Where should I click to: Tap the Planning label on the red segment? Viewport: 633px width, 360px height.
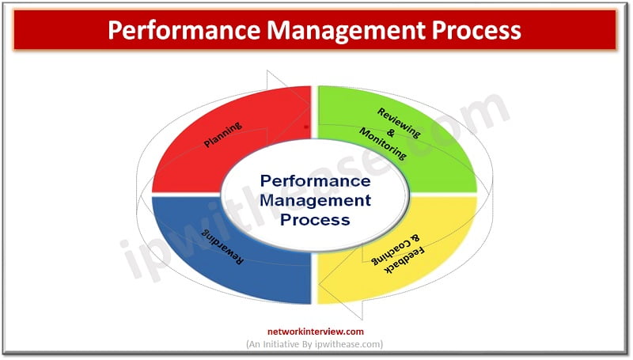tap(223, 134)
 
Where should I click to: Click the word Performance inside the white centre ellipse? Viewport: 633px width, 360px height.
tap(316, 181)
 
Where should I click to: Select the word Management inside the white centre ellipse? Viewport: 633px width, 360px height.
tap(316, 200)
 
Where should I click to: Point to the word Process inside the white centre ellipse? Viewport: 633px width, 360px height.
tap(316, 219)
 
